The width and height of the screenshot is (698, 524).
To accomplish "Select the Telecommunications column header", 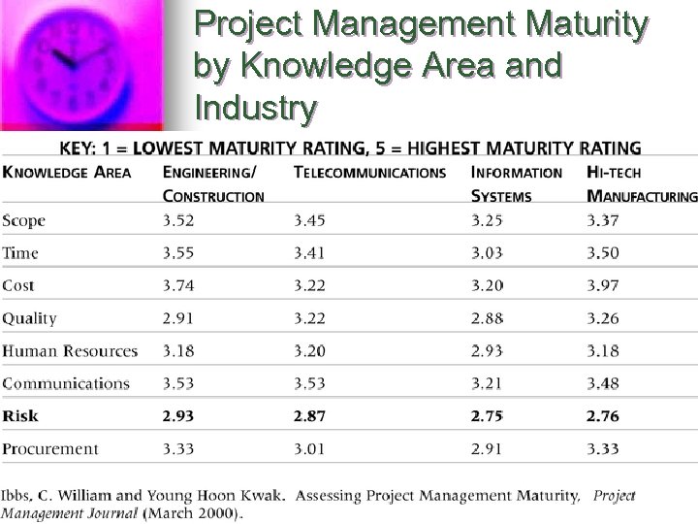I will click(369, 173).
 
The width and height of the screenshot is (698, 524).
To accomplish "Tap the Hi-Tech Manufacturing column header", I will click(641, 183).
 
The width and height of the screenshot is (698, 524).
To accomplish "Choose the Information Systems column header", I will click(516, 183).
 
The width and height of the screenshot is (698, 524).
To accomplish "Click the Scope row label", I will click(24, 220).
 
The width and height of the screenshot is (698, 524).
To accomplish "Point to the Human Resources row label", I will click(70, 350).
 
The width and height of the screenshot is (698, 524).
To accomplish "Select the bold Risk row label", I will click(20, 415).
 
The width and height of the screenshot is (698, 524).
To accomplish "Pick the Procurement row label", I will click(50, 448).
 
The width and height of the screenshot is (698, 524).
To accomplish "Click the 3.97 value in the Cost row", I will click(602, 285).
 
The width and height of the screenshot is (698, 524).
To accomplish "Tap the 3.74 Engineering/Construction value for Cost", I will click(178, 285).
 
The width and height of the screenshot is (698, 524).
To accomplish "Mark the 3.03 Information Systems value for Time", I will click(487, 253).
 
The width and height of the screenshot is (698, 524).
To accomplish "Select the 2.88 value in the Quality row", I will click(487, 318).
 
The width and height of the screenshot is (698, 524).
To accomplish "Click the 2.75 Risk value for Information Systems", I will click(487, 415).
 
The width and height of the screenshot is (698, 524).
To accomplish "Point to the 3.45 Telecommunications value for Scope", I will click(310, 220).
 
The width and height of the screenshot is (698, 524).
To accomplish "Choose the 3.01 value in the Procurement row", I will click(310, 448).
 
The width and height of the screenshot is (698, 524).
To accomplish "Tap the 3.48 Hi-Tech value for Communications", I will click(602, 383).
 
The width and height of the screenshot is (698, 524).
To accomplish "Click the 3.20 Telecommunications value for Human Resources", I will click(310, 350).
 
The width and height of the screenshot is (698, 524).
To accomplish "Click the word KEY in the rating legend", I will click(80, 148).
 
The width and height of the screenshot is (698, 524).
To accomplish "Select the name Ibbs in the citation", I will click(17, 496).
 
